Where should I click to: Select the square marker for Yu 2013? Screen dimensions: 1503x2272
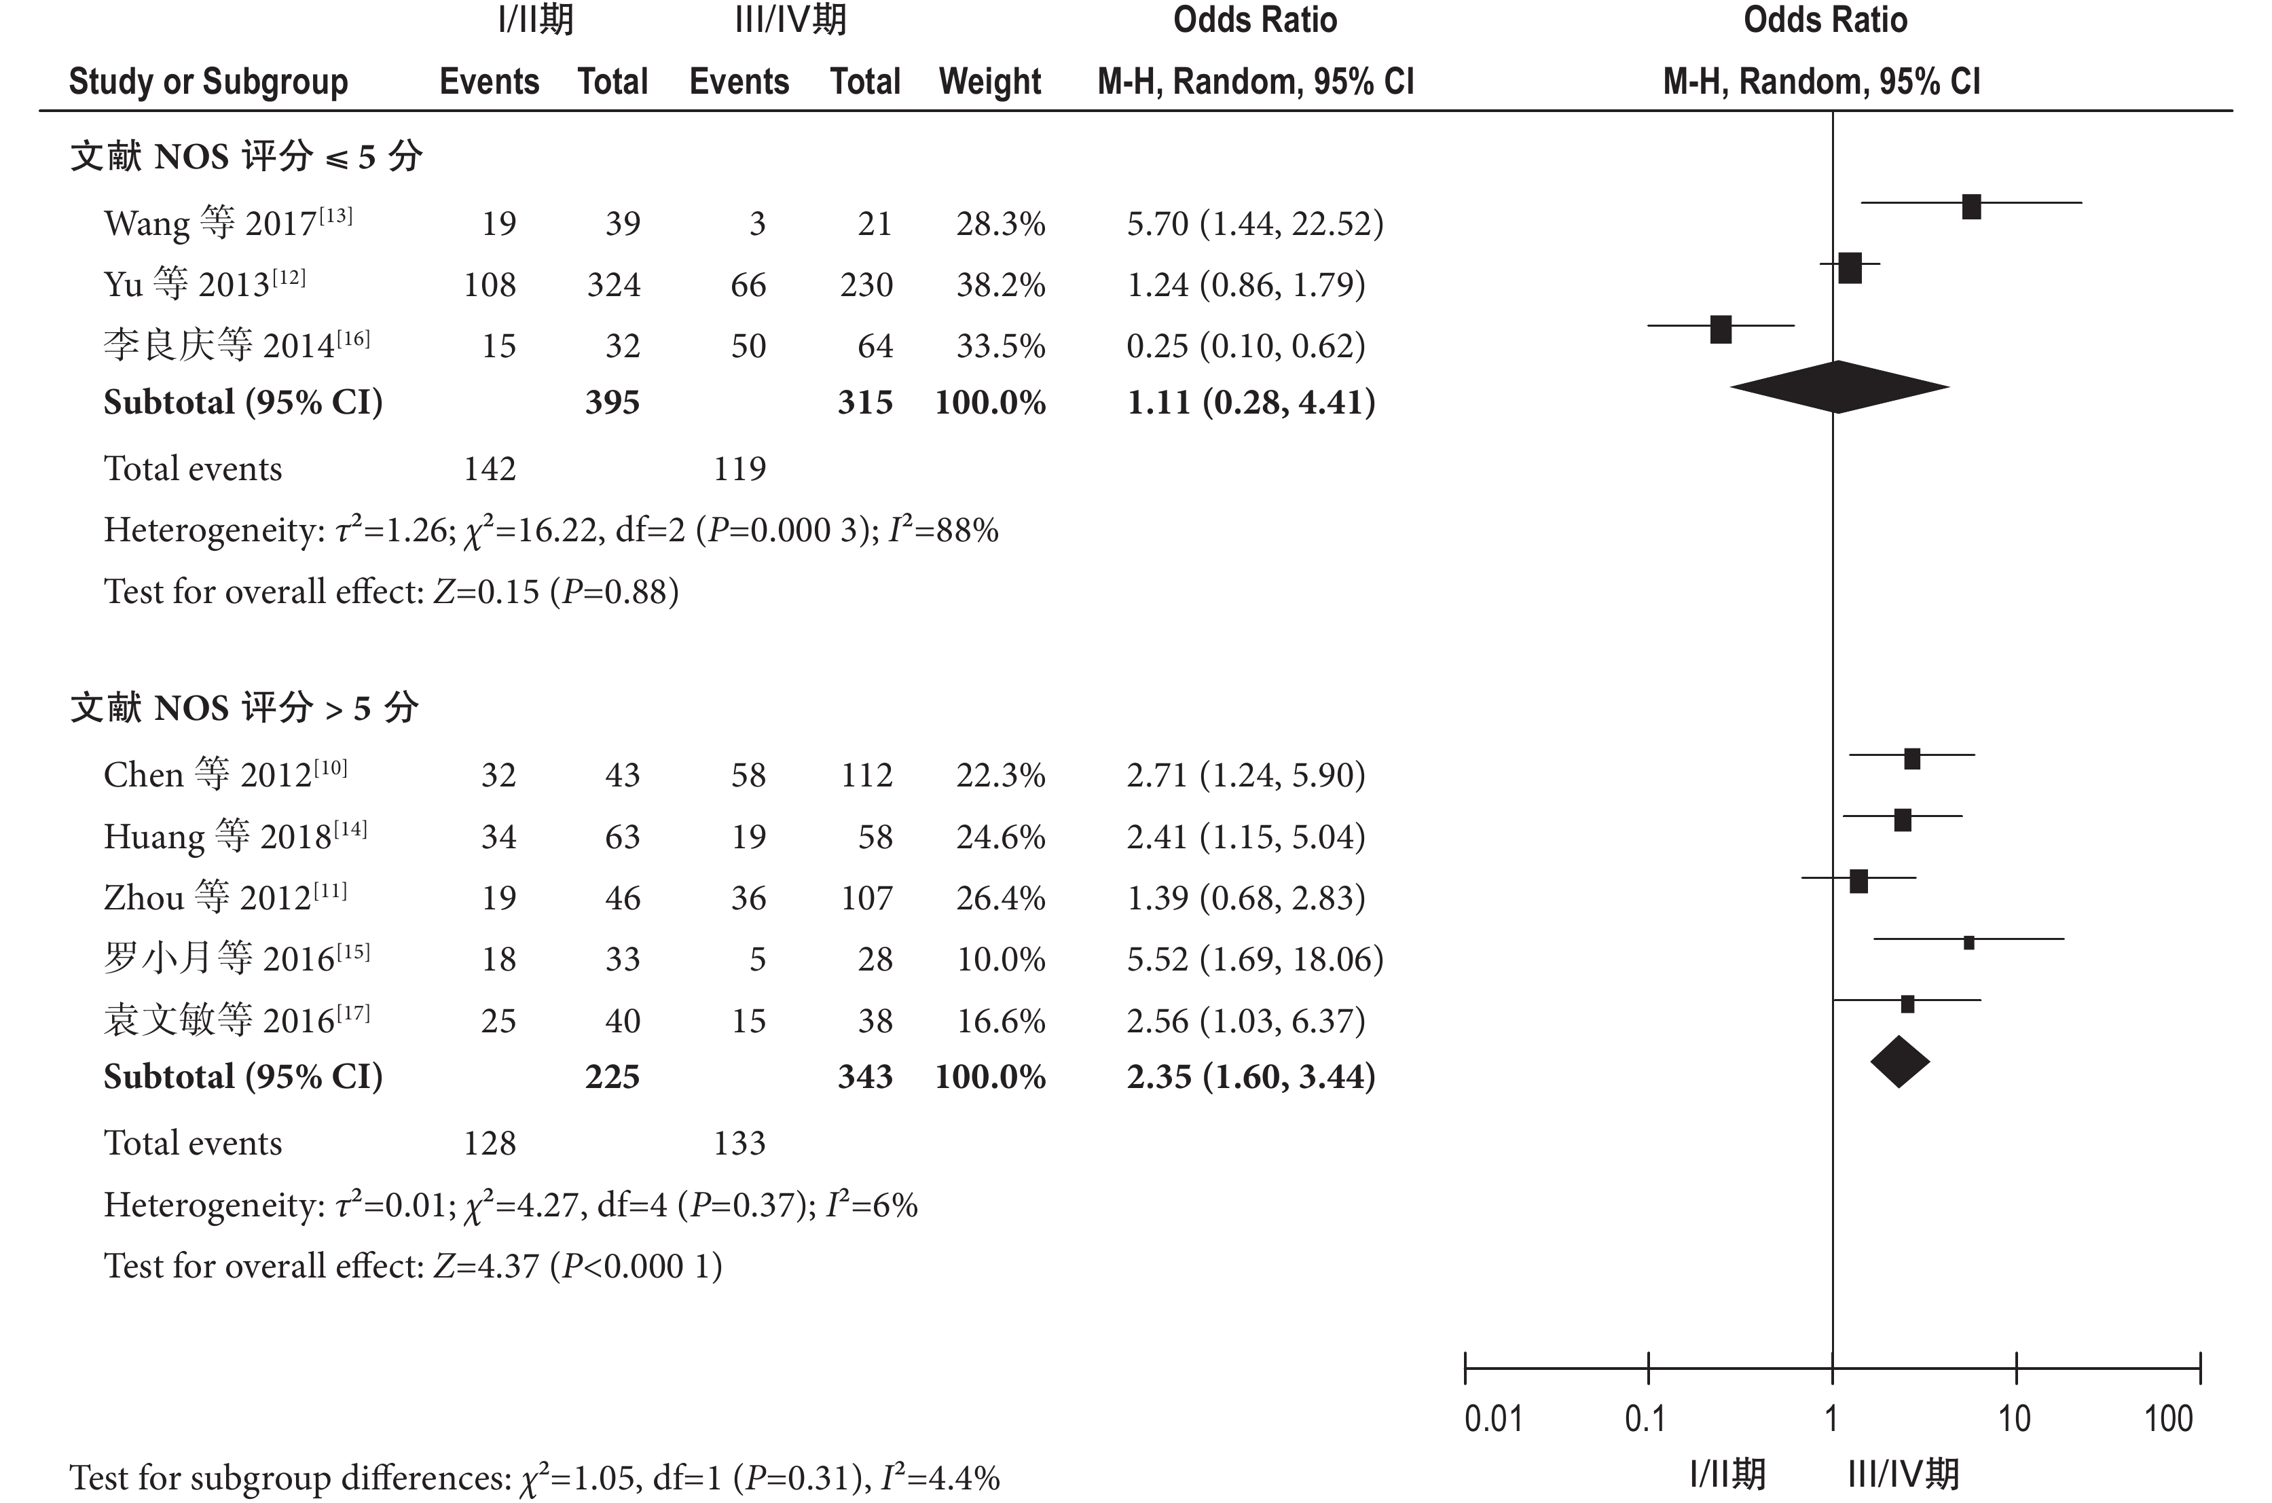pyautogui.click(x=1850, y=268)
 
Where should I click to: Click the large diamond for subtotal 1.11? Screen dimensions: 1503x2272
pyautogui.click(x=1838, y=387)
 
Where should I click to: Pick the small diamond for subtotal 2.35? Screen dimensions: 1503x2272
pyautogui.click(x=1899, y=1062)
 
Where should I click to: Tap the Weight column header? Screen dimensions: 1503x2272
pyautogui.click(x=990, y=82)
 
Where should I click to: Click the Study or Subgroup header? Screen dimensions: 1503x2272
pyautogui.click(x=208, y=82)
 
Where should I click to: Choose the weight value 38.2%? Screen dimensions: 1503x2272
pyautogui.click(x=1000, y=285)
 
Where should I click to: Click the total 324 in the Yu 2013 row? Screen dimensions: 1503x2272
pyautogui.click(x=613, y=285)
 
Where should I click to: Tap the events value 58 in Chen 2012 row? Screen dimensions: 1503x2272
pyautogui.click(x=748, y=774)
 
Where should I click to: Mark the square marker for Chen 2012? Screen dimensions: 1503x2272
pyautogui.click(x=1911, y=758)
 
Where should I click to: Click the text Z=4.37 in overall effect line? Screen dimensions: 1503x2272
pyautogui.click(x=485, y=1266)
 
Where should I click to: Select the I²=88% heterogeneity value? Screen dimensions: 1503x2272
pyautogui.click(x=943, y=530)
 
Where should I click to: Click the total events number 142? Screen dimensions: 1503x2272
pyautogui.click(x=490, y=469)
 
